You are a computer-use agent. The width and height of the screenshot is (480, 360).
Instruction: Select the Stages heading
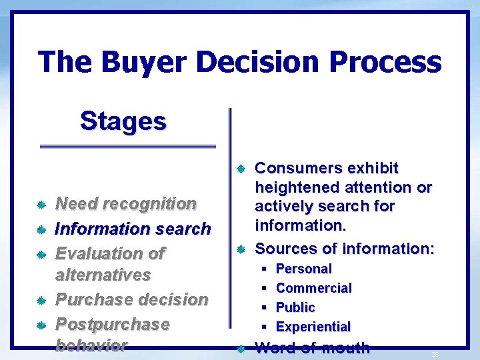click(x=123, y=121)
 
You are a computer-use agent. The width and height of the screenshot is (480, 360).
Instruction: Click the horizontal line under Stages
click(x=128, y=146)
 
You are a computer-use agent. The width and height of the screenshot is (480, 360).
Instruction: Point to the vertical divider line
click(x=230, y=207)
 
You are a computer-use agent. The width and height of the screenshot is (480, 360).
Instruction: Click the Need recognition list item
click(x=125, y=203)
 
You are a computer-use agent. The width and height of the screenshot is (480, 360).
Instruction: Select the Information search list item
click(x=133, y=229)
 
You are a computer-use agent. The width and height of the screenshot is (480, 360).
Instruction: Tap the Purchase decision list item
click(x=131, y=299)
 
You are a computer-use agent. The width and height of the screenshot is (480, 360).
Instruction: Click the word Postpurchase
click(x=112, y=324)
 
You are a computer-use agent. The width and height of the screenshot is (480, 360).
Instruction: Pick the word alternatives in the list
click(x=103, y=275)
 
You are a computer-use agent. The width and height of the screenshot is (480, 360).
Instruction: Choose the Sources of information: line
click(x=345, y=249)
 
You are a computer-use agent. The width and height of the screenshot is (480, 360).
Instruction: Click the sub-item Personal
click(x=303, y=269)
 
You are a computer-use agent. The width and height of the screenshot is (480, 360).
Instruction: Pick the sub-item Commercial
click(x=313, y=288)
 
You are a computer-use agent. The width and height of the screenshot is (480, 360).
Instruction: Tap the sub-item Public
click(x=295, y=307)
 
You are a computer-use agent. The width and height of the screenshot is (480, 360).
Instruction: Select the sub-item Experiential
click(x=313, y=327)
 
